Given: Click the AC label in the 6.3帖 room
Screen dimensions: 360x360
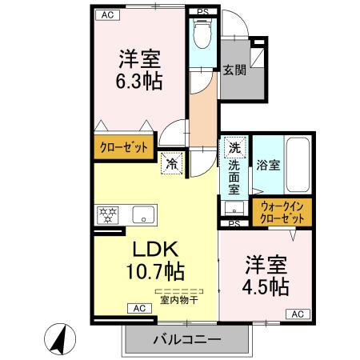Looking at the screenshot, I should tap(104, 14).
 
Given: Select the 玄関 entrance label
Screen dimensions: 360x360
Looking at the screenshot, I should tap(234, 70).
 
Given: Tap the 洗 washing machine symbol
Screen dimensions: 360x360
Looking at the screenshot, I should tap(234, 148).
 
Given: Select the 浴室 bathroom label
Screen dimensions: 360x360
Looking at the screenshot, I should tap(268, 166).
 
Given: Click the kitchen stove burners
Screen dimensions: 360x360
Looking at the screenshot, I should tap(108, 214).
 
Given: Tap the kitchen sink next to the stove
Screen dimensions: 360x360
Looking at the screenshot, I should tap(144, 214).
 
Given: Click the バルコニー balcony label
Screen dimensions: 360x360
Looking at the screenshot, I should tap(186, 340).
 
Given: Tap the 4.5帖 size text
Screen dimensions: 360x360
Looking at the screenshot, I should tap(266, 286).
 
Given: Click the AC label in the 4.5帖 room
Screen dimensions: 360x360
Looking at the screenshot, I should tap(297, 314).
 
